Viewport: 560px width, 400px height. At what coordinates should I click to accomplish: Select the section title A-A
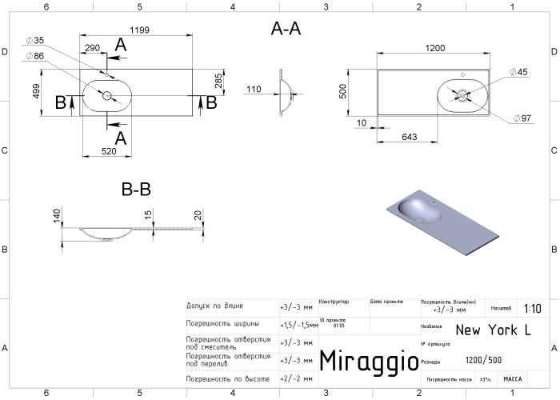point(286,30)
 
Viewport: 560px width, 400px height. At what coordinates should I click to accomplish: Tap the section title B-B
point(136,190)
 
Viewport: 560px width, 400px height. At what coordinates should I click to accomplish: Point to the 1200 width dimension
point(435,48)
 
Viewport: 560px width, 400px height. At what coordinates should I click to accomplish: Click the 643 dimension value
point(408,138)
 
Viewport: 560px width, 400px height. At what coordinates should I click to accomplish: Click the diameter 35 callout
point(35,40)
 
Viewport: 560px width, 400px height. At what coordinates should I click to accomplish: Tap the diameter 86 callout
point(35,55)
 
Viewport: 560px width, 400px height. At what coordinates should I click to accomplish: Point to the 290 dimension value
point(93,48)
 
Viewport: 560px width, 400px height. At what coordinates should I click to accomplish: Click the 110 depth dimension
point(254,89)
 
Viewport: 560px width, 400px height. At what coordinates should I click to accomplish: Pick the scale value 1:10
point(531,308)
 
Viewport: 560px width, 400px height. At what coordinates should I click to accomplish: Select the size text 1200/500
point(484,361)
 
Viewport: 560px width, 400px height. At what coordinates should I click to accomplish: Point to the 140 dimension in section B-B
point(58,216)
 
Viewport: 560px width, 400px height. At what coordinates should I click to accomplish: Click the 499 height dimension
point(36,92)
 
